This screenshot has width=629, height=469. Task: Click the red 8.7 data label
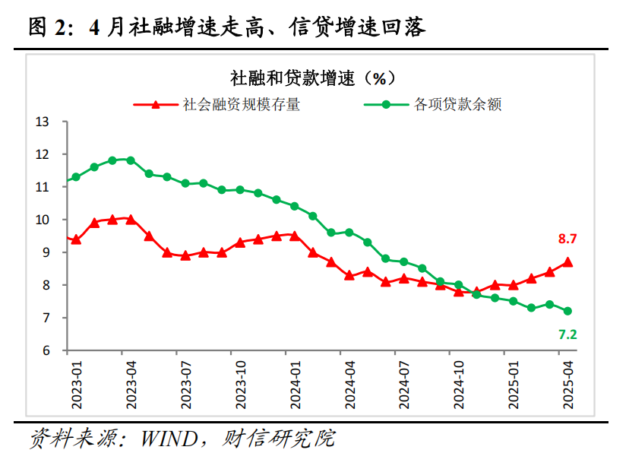(567, 239)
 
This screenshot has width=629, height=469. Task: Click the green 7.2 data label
(567, 334)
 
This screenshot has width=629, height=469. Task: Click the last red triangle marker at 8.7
(567, 262)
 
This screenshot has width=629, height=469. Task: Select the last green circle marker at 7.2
(567, 311)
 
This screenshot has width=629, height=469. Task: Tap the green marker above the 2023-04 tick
(131, 160)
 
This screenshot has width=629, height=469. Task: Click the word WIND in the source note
(169, 439)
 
